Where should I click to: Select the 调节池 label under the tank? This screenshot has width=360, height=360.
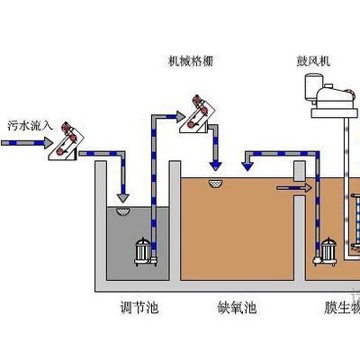pos(139,307)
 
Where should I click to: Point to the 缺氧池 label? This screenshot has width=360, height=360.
pos(238,307)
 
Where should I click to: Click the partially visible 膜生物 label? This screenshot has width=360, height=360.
pos(341,307)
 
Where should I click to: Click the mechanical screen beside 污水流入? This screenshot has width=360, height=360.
pos(67,140)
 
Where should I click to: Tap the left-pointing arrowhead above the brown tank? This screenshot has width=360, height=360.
pos(246,165)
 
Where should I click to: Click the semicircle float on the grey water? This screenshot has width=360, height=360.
pos(123,211)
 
